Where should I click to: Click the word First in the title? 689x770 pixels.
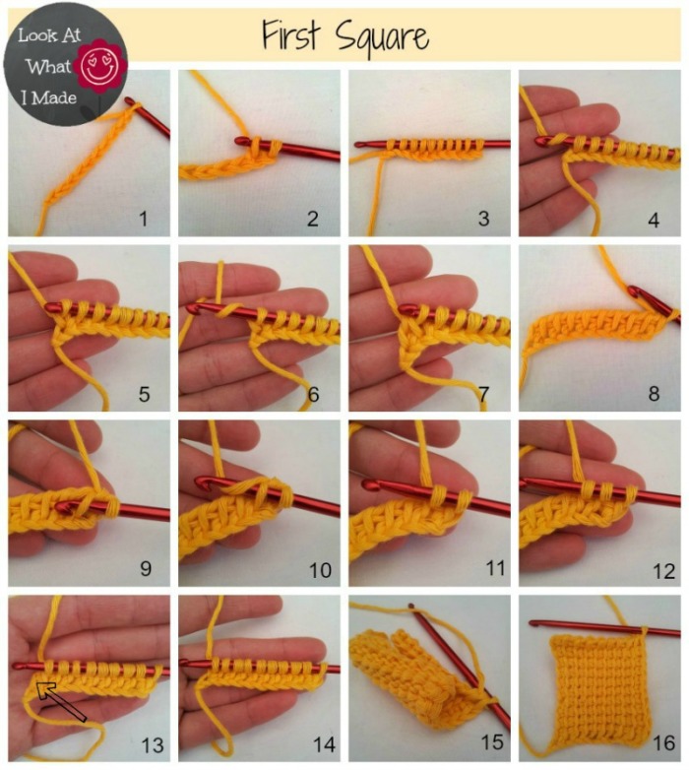point(291,35)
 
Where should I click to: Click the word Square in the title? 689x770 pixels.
point(381,37)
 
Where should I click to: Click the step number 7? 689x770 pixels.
point(483,394)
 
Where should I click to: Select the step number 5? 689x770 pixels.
point(144,394)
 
